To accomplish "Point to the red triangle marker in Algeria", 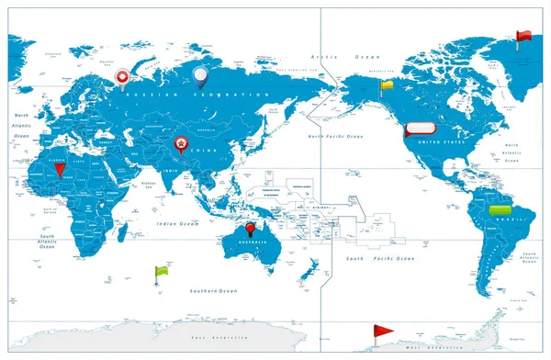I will click(60, 170).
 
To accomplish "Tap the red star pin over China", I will click(182, 144).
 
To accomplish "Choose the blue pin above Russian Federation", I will click(199, 73).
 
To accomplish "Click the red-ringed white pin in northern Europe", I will click(122, 78).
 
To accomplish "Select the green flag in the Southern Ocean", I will click(162, 272).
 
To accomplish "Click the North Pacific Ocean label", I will click(334, 136).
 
